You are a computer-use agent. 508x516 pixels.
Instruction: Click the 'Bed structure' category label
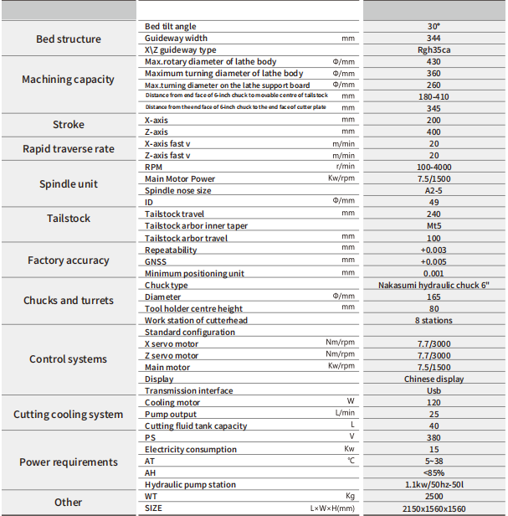pyautogui.click(x=69, y=39)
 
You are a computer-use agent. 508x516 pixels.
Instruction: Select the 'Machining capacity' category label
pyautogui.click(x=69, y=80)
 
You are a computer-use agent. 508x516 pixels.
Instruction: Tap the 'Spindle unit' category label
pyautogui.click(x=69, y=184)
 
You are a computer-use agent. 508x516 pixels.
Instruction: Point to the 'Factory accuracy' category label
pyautogui.click(x=69, y=261)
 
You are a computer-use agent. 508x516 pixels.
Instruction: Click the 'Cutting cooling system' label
pyautogui.click(x=69, y=415)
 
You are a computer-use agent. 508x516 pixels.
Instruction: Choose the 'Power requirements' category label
pyautogui.click(x=69, y=462)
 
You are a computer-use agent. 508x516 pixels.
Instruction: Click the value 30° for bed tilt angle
pyautogui.click(x=434, y=27)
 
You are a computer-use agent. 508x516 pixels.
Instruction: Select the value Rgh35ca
pyautogui.click(x=434, y=50)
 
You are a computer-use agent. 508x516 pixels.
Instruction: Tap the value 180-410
pyautogui.click(x=434, y=96)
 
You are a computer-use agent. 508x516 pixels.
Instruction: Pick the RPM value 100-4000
pyautogui.click(x=434, y=168)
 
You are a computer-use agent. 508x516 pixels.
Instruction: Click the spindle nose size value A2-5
pyautogui.click(x=434, y=191)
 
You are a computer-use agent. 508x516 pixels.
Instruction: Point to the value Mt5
pyautogui.click(x=434, y=226)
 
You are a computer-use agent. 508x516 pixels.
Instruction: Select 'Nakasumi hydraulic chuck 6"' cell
pyautogui.click(x=434, y=286)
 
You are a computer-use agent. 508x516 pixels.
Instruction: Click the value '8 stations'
pyautogui.click(x=434, y=321)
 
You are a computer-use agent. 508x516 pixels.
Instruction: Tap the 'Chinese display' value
pyautogui.click(x=434, y=379)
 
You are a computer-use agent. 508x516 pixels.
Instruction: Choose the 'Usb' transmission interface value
pyautogui.click(x=434, y=391)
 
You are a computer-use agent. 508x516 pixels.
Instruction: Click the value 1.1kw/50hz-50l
pyautogui.click(x=434, y=485)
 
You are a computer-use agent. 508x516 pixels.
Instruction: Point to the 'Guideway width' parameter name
pyautogui.click(x=176, y=39)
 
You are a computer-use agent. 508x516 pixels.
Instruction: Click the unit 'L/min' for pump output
pyautogui.click(x=344, y=414)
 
